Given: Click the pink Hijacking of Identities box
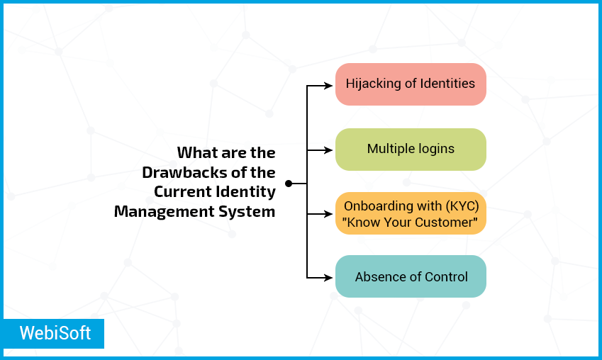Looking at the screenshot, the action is [x=411, y=84].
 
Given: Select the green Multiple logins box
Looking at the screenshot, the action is [x=411, y=150].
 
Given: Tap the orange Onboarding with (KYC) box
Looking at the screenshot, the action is [x=411, y=213].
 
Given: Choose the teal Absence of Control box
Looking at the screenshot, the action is [x=411, y=276].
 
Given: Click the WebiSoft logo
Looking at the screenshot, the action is [x=54, y=334].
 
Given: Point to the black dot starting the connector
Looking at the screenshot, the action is [x=289, y=184].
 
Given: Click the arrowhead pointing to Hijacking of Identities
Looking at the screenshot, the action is [x=328, y=86].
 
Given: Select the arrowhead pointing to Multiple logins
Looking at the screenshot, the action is [x=328, y=150].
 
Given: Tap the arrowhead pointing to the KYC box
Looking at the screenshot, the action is [x=328, y=214].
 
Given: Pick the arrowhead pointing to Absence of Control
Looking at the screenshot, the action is [x=328, y=278].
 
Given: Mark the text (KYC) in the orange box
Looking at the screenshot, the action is [x=462, y=206].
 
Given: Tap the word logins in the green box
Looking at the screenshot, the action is [x=437, y=150].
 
